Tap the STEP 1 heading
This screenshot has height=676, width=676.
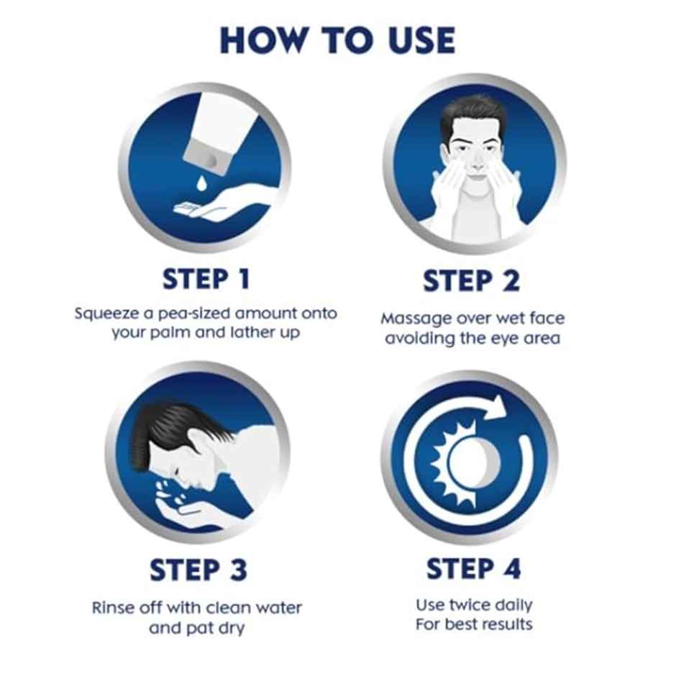coord(206,279)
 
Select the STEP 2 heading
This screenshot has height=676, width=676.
coord(471,280)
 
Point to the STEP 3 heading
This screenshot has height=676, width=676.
coord(198,570)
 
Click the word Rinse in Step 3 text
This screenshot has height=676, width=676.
coord(111,607)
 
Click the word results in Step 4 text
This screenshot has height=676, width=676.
coord(506,624)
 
